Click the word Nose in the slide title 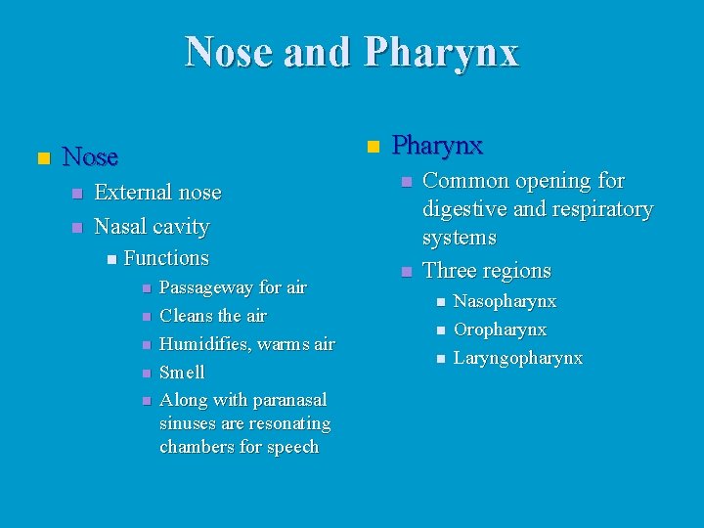pos(229,52)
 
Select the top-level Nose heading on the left pos(90,156)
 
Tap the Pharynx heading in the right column pos(437,146)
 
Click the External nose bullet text pos(157,193)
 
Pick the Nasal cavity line pos(152,227)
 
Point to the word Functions pos(166,258)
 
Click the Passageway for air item pos(233,287)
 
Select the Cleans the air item pos(212,316)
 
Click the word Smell pos(182,373)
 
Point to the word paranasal pos(289,400)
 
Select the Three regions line pos(487,271)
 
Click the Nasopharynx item pos(505,301)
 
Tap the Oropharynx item pos(500,330)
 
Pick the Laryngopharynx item pos(518,358)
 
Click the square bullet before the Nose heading pos(42,157)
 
